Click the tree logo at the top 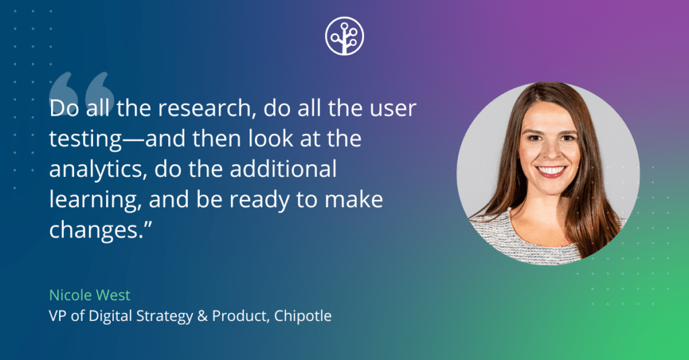(344, 35)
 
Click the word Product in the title (238, 315)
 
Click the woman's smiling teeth (551, 170)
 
